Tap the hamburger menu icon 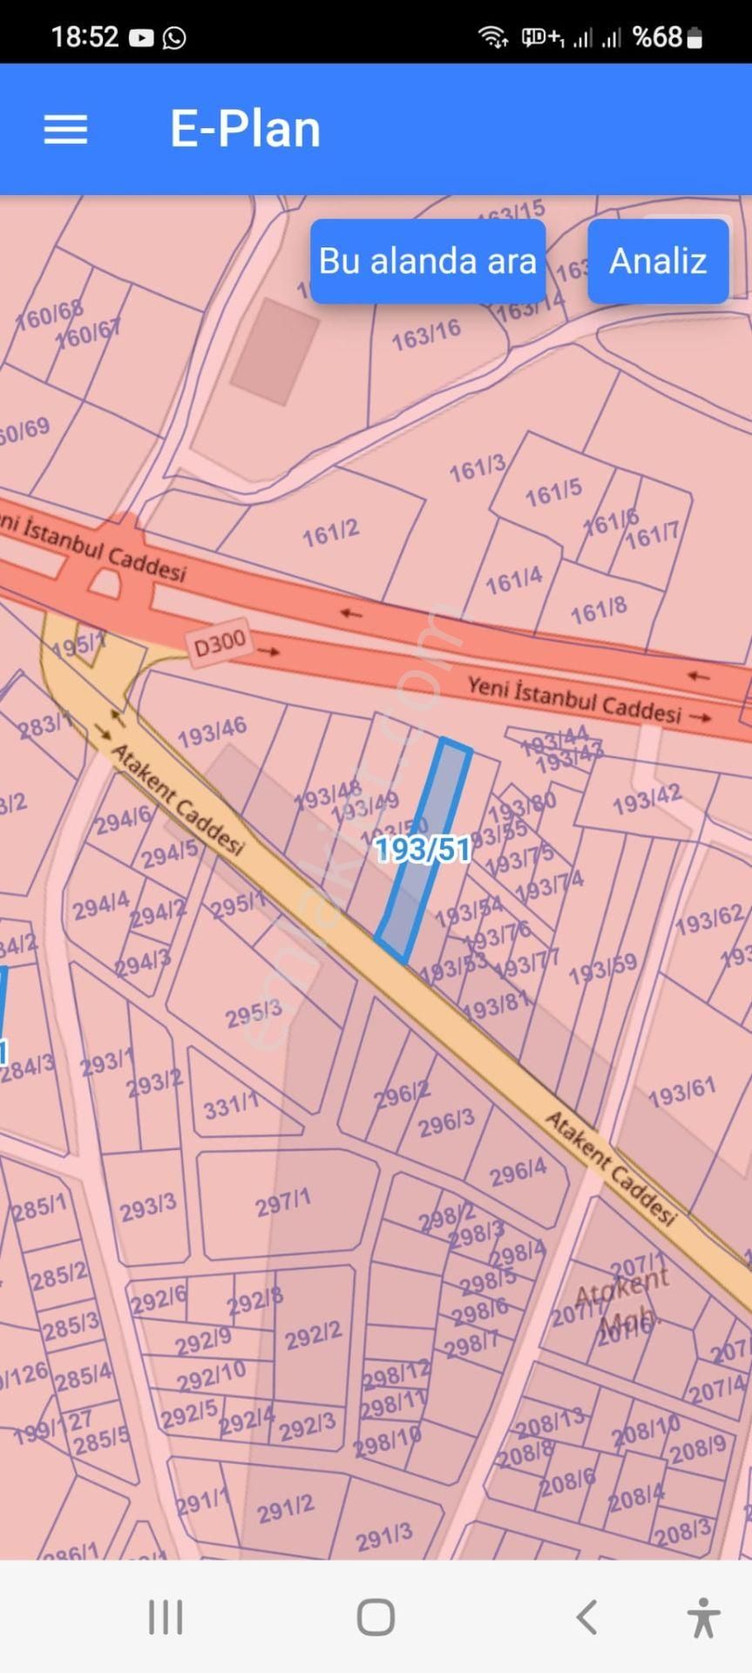coord(66,129)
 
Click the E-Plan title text coord(245,129)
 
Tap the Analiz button coord(658,261)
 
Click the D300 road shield coord(220,644)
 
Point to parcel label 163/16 coord(425,335)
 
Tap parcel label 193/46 coord(212,732)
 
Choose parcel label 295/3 coord(254,1013)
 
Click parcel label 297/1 coord(283,1204)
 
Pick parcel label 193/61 coord(681,1091)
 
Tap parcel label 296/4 coord(518,1172)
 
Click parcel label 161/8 coord(599,610)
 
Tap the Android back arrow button coord(587,1617)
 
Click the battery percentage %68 coord(657,37)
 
